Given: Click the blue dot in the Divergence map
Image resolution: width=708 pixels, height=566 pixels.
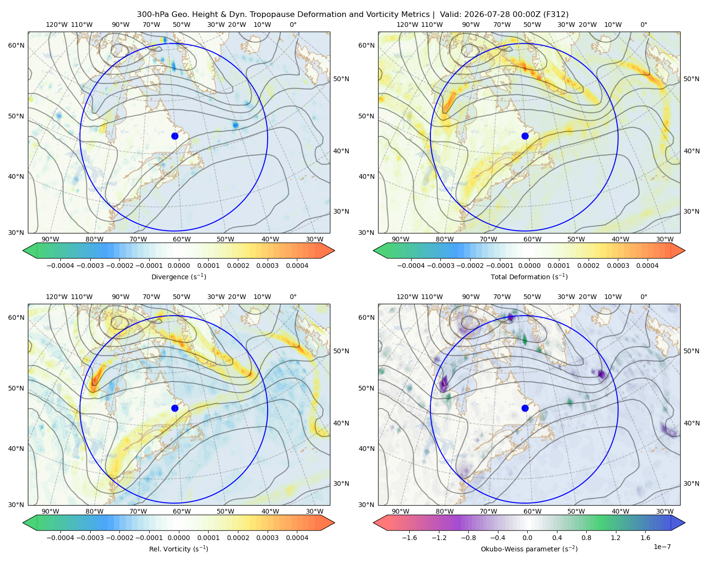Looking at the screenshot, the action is (175, 136).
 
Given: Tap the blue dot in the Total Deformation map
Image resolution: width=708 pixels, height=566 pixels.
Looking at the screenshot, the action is (525, 136).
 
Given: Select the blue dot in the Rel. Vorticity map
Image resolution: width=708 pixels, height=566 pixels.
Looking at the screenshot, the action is (175, 408).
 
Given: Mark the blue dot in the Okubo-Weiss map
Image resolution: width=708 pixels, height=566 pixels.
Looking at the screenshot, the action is (525, 408).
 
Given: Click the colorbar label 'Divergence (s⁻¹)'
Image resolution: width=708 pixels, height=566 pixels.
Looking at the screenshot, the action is (178, 277).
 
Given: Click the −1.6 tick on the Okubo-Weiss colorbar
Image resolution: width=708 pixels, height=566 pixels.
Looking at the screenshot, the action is (409, 538).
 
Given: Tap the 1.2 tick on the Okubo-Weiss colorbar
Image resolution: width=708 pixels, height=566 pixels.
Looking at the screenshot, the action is (615, 538).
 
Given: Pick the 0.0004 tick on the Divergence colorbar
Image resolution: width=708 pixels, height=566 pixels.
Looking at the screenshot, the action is (297, 266).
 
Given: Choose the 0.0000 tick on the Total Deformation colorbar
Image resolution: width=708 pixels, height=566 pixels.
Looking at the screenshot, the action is (530, 266).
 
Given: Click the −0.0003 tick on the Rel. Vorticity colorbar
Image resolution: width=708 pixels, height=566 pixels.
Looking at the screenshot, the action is (90, 538).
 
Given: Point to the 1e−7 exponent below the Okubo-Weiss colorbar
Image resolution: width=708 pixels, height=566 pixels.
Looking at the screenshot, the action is (662, 547).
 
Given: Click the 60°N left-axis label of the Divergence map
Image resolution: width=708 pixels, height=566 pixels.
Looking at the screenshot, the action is (16, 45).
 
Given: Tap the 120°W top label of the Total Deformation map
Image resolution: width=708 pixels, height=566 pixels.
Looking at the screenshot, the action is (407, 25).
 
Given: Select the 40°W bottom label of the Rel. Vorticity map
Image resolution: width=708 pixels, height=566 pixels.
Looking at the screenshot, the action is (270, 511).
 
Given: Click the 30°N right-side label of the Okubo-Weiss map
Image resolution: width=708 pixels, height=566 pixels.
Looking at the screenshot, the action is (691, 483).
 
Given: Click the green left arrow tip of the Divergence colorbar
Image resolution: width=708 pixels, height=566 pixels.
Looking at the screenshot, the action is (23, 250).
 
